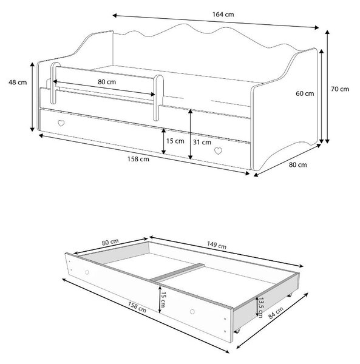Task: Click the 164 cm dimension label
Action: [223, 15]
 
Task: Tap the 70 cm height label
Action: [340, 89]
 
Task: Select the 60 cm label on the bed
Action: [305, 93]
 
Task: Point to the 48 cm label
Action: [18, 82]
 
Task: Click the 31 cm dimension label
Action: [202, 142]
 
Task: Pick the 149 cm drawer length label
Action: [217, 245]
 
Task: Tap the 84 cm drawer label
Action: [276, 312]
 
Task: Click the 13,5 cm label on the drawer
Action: [260, 308]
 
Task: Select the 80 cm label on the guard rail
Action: [107, 82]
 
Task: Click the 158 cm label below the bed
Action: [138, 159]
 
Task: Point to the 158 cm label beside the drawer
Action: [137, 307]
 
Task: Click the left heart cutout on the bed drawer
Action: [61, 123]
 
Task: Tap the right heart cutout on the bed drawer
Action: [218, 151]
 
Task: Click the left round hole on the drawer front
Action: [87, 272]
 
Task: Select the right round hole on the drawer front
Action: [192, 312]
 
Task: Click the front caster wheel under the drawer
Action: [237, 331]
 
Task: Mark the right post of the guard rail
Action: [158, 98]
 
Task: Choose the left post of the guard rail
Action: [55, 83]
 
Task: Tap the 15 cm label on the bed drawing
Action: [175, 141]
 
